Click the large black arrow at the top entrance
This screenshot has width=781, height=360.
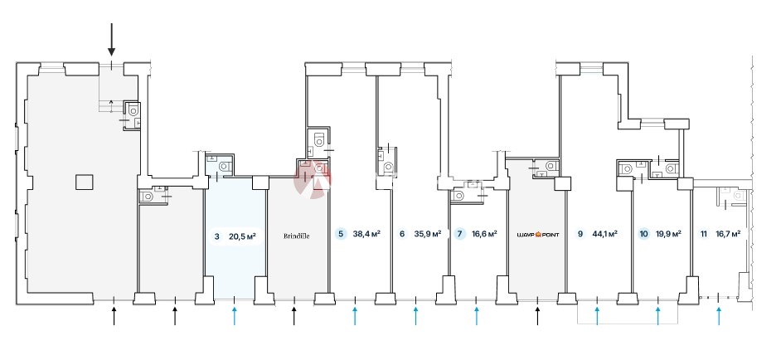(112, 40)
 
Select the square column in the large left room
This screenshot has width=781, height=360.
(83, 182)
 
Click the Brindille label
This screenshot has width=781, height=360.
(296, 235)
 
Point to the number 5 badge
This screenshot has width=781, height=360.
(341, 234)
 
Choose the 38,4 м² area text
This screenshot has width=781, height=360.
(366, 234)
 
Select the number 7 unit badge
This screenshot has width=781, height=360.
(460, 234)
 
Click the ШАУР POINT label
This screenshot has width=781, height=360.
(537, 235)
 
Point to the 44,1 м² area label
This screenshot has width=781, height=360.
(604, 234)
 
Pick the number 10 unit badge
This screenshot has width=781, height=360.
(644, 234)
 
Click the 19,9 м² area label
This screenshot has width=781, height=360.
(669, 234)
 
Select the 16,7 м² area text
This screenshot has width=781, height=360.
(728, 234)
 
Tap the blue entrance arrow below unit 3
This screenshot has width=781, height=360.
(235, 314)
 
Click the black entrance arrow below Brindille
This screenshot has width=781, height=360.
(294, 314)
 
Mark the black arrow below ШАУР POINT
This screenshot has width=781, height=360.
(537, 314)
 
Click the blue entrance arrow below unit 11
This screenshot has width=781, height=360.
(719, 314)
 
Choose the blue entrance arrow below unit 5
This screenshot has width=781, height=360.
(355, 314)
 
